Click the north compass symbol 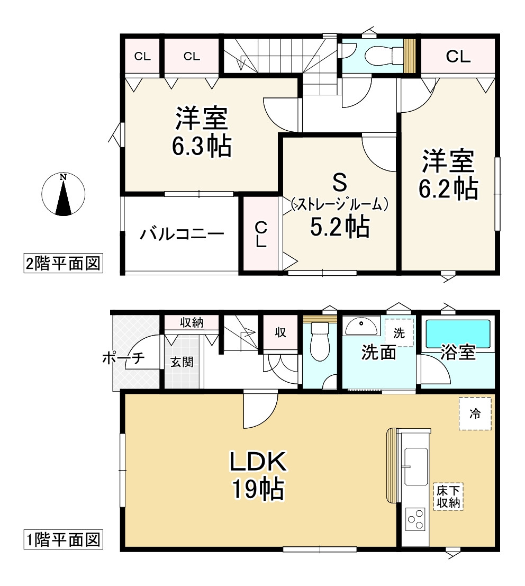pos(63,194)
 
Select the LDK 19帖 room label pos(257,475)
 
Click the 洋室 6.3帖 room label pos(202,132)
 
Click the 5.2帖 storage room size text pos(339,228)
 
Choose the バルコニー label pos(182,234)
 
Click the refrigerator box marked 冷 pos(475,414)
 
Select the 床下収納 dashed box pos(448,496)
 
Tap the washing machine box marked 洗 pos(399,333)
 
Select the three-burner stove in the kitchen pos(416,519)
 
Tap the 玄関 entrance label pos(182,362)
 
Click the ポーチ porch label pos(123,358)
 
